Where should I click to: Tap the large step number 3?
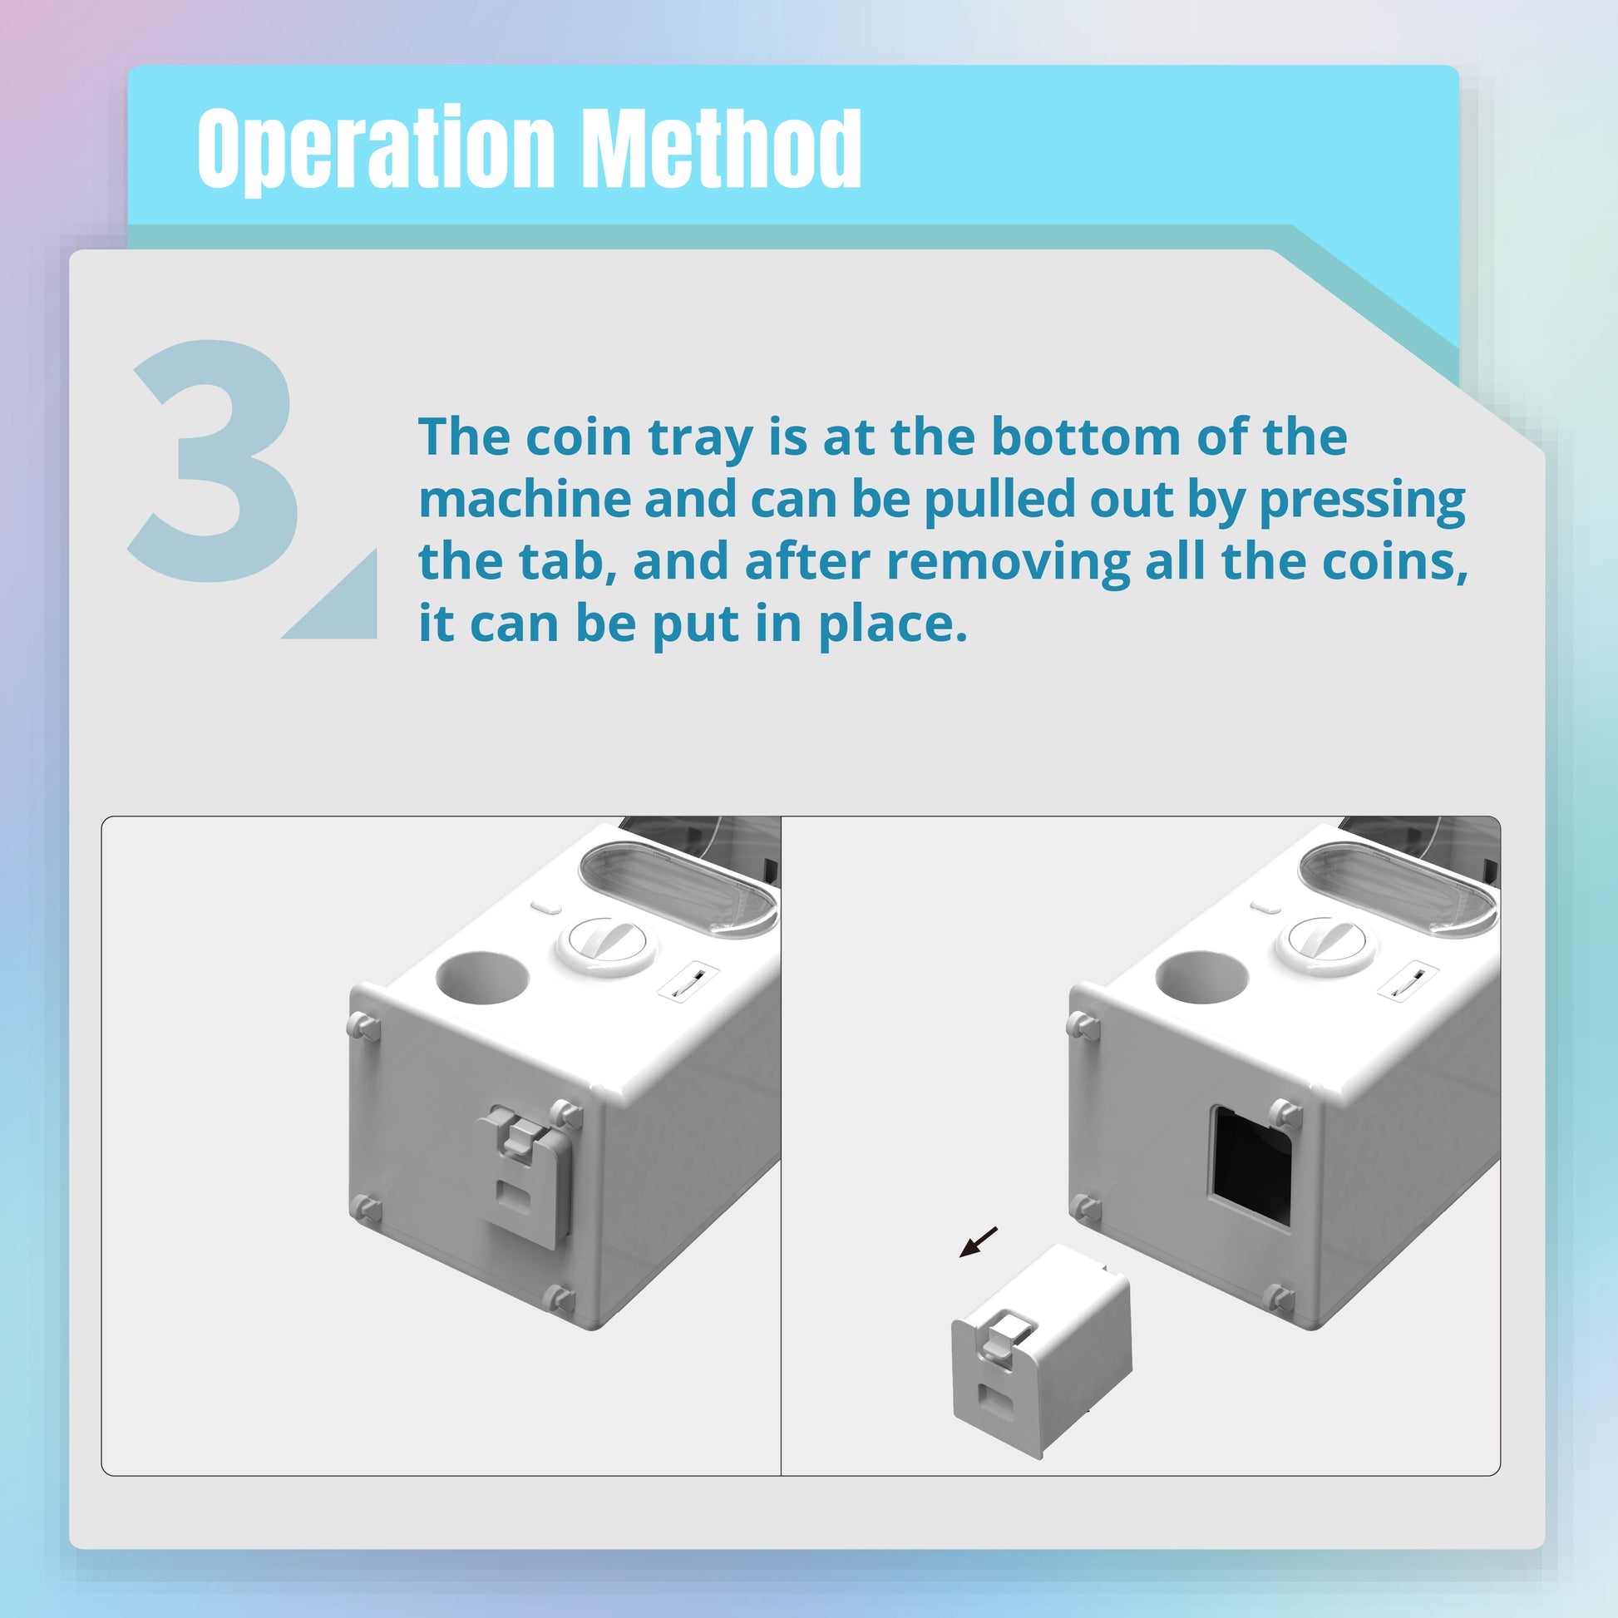215,460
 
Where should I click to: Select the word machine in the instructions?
524,499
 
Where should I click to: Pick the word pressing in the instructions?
1363,501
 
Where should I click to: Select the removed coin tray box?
1041,1349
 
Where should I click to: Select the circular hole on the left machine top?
482,976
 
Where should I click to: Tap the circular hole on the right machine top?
1201,976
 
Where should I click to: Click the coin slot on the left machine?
689,980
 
